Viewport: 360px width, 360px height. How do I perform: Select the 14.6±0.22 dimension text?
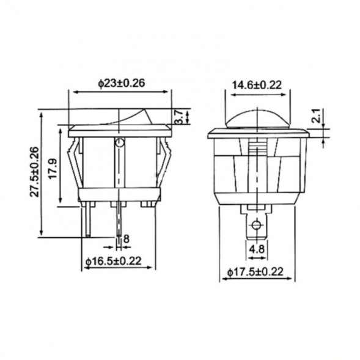tap(257, 86)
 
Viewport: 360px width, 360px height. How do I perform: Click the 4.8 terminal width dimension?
tap(257, 249)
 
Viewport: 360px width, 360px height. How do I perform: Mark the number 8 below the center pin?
tap(127, 238)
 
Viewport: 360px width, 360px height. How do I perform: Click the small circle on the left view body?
tap(120, 144)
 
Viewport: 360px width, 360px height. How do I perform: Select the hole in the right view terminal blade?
tap(257, 224)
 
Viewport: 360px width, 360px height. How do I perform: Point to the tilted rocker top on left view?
tap(122, 118)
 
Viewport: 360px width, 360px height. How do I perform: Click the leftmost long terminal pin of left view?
tap(88, 220)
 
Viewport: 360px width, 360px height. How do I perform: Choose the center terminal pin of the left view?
tap(119, 223)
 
